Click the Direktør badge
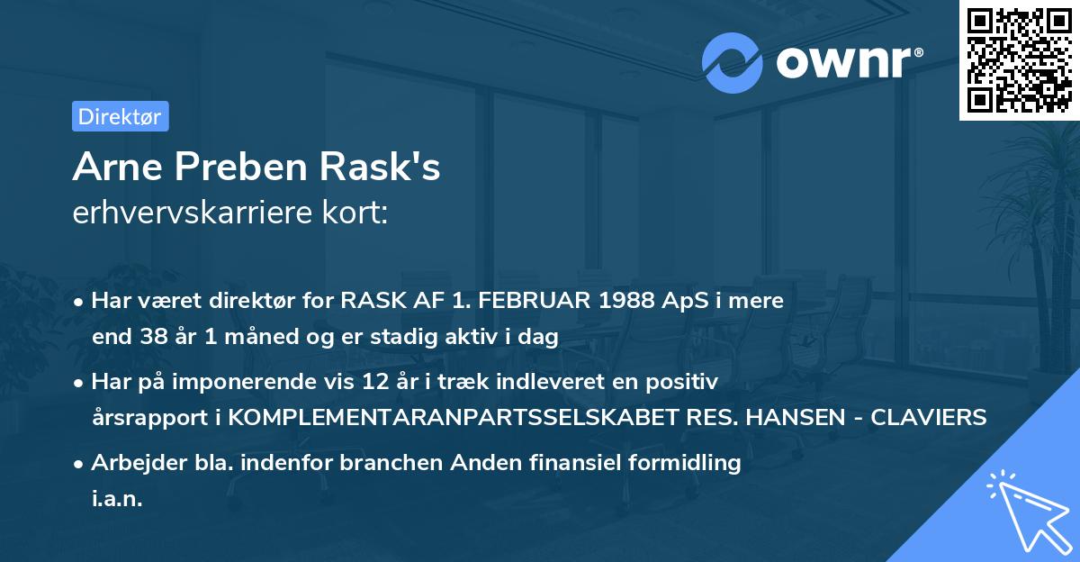pyautogui.click(x=120, y=116)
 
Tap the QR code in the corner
pyautogui.click(x=1019, y=59)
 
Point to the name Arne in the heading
pyautogui.click(x=118, y=168)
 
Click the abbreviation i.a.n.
pyautogui.click(x=117, y=499)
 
